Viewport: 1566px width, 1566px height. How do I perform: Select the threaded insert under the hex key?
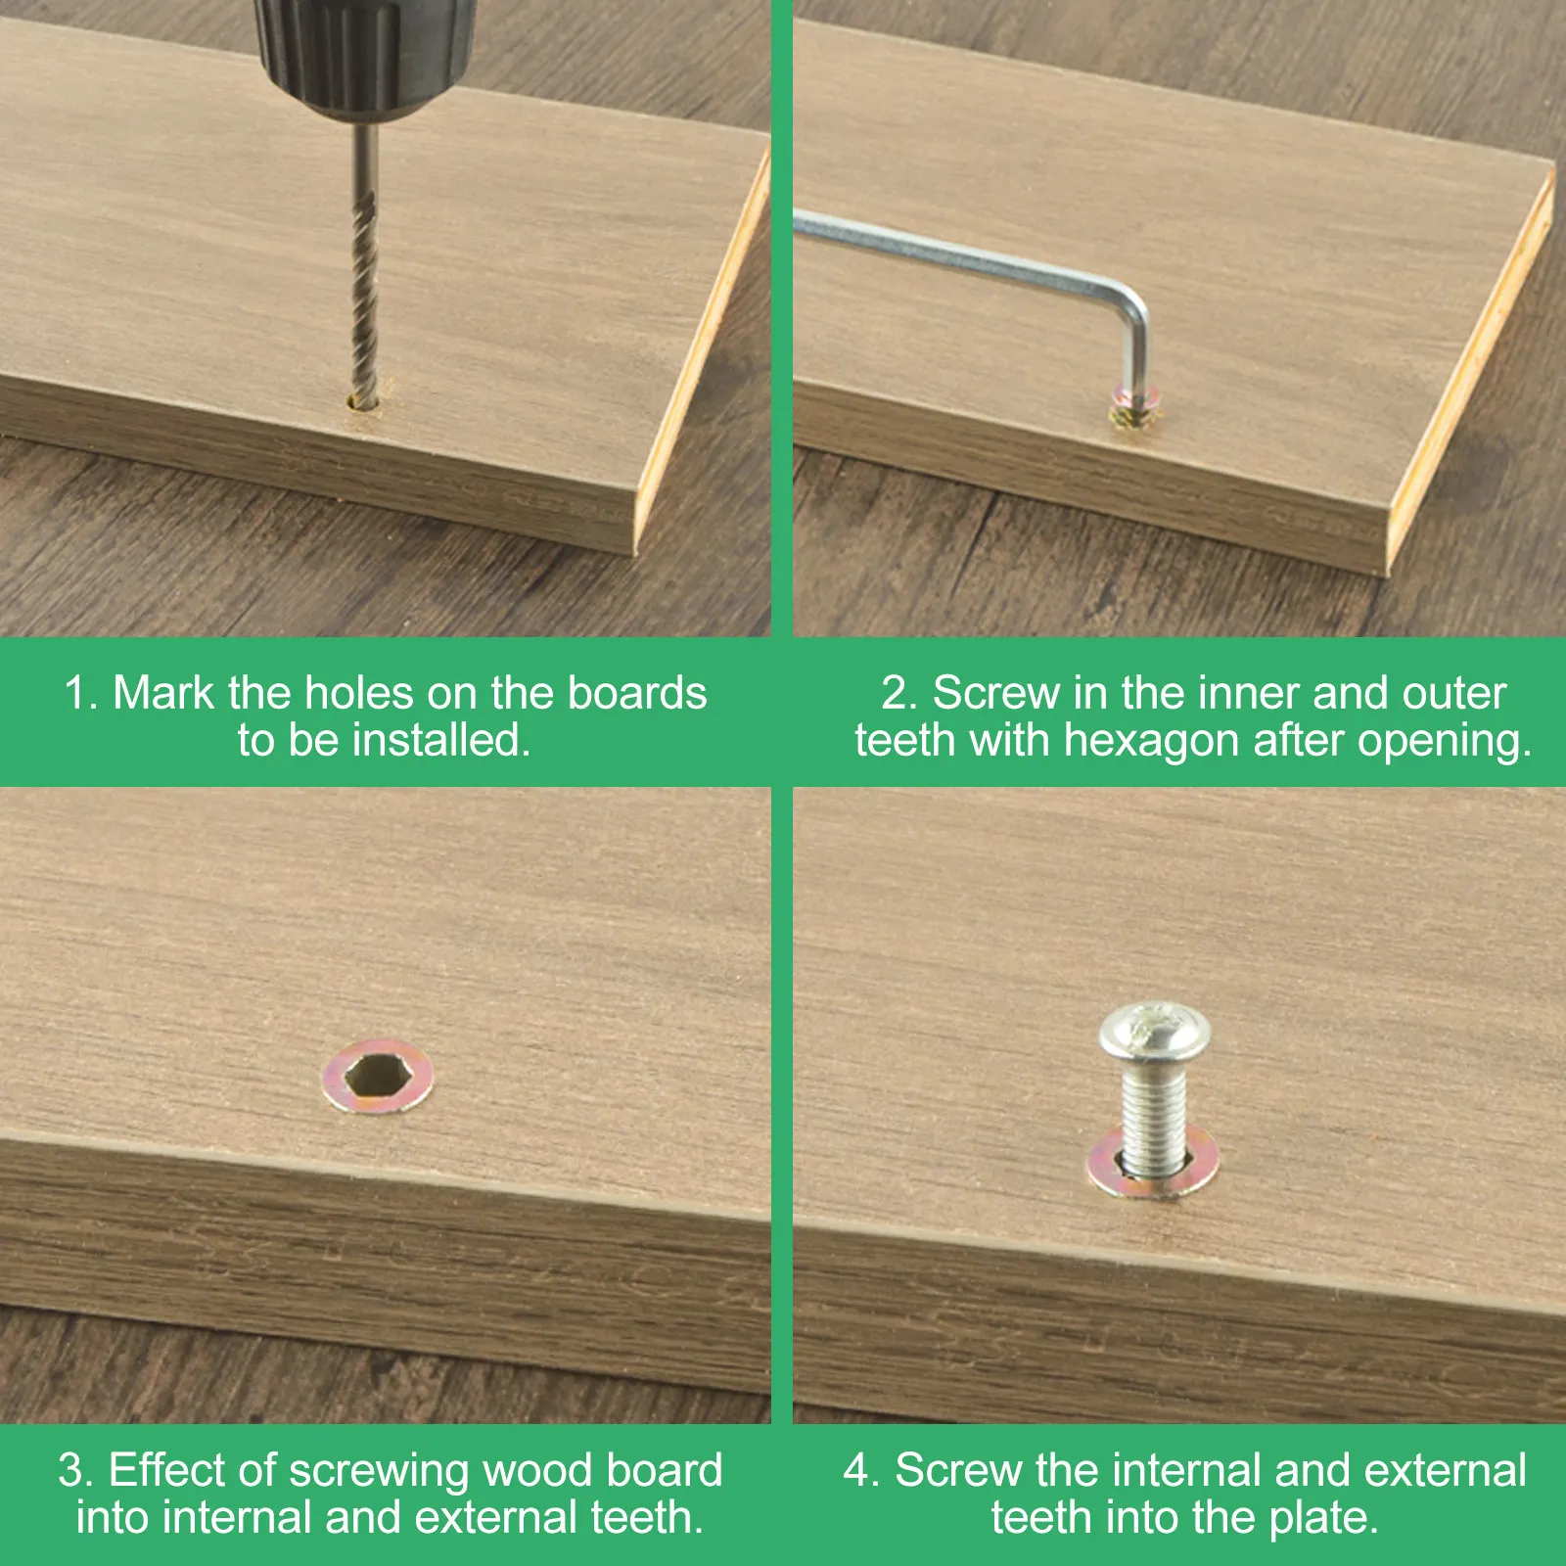[x=1134, y=405]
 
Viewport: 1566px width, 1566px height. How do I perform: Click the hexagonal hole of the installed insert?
[x=375, y=1078]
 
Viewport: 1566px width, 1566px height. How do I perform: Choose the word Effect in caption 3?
[x=167, y=1471]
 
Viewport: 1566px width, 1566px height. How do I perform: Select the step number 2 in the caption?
[x=898, y=693]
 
